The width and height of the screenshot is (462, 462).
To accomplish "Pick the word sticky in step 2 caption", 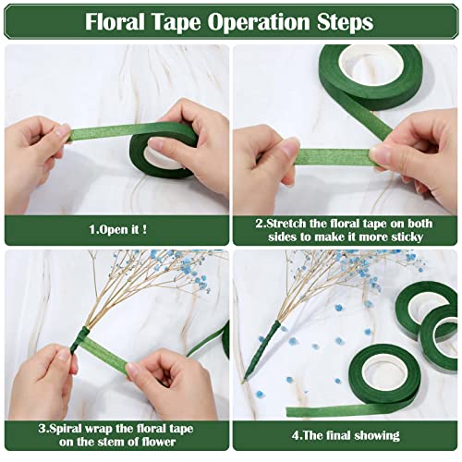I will [x=404, y=237].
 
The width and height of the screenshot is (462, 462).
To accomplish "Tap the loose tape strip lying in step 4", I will [x=323, y=410].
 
